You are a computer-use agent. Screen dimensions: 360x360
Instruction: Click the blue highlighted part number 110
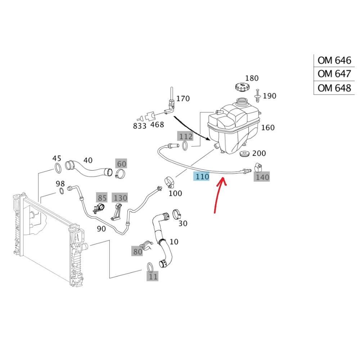(202, 176)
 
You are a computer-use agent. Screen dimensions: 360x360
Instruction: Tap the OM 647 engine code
(334, 74)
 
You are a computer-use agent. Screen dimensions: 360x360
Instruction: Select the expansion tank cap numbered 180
(241, 87)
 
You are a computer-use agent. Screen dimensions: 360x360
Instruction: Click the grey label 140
(262, 177)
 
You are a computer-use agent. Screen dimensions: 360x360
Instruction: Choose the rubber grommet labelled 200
(245, 154)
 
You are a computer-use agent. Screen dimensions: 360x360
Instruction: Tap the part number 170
(183, 98)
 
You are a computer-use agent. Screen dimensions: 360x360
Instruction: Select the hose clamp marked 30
(176, 215)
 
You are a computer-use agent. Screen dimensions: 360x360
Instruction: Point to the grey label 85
(102, 198)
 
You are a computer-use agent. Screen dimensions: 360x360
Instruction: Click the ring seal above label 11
(150, 267)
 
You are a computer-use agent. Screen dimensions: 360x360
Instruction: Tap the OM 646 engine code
(334, 60)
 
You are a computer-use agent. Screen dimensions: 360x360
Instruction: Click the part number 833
(140, 126)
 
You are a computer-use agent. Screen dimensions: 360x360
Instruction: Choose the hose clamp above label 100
(168, 181)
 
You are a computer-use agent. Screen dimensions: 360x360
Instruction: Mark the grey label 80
(138, 252)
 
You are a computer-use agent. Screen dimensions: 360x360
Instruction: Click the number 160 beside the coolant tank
(267, 127)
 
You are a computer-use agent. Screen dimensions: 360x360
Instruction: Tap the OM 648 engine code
(334, 88)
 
